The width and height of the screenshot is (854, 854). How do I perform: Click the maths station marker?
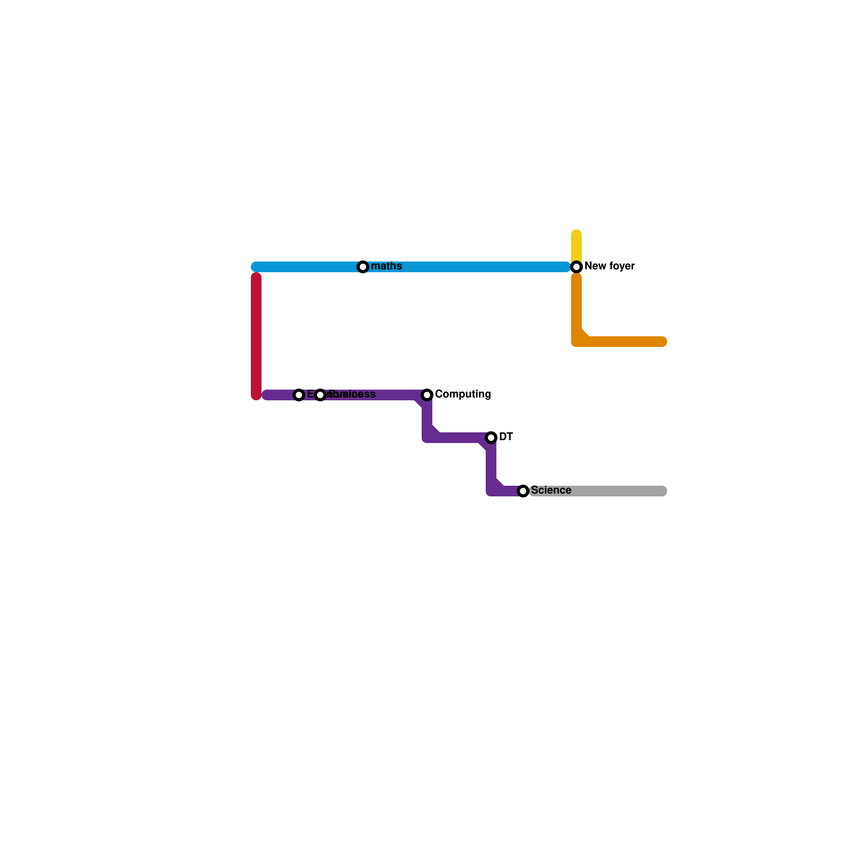point(363,267)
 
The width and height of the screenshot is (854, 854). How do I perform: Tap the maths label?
point(386,266)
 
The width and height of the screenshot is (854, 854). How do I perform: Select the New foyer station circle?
point(576,267)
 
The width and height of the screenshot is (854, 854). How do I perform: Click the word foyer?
point(620,266)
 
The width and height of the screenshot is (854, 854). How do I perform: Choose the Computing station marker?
point(427,395)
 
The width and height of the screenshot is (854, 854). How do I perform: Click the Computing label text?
point(463,394)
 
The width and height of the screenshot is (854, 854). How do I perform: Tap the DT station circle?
point(491,438)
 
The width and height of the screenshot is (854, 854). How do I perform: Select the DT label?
point(506,437)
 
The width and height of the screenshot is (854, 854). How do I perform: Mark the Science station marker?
point(523,491)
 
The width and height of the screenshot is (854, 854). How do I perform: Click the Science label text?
point(551,491)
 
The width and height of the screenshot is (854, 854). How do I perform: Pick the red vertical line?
point(256,336)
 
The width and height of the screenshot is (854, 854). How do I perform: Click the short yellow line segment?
point(576,247)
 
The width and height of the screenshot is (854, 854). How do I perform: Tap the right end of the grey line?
point(663,491)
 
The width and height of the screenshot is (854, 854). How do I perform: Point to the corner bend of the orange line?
point(578,341)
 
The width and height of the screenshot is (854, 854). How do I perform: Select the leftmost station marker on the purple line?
point(299,395)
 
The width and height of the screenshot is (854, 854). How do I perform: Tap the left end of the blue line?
point(255,267)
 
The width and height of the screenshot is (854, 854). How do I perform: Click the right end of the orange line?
point(663,342)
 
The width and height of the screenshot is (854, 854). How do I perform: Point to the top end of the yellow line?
point(576,234)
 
